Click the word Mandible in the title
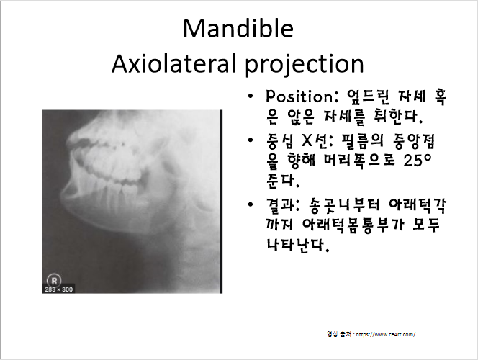click(x=238, y=29)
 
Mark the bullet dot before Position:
click(x=250, y=96)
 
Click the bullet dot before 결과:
click(x=250, y=205)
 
